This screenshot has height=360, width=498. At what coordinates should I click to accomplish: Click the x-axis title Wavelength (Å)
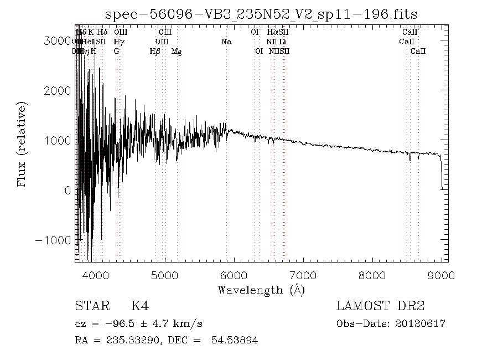[x=261, y=290]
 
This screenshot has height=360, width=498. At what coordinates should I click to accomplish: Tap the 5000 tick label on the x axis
[x=164, y=275]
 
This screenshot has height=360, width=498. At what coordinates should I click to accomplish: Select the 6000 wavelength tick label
[x=234, y=275]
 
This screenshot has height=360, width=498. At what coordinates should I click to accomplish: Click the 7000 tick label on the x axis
[x=303, y=275]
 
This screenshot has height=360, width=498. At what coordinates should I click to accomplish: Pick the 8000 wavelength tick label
[x=372, y=275]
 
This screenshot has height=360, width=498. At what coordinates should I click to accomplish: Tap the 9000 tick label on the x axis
[x=441, y=275]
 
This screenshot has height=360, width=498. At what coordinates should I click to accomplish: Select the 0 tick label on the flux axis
[x=67, y=191]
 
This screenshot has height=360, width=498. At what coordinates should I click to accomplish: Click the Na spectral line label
[x=226, y=42]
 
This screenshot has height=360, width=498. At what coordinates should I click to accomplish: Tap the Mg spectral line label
[x=177, y=51]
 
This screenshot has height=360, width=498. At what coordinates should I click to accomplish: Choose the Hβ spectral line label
[x=155, y=51]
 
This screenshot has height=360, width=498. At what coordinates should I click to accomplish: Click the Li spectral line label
[x=283, y=42]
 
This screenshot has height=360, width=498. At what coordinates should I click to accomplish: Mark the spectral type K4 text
[x=139, y=306]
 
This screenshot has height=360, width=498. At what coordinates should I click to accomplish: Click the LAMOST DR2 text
[x=380, y=306]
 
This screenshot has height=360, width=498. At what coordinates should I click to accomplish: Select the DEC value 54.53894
[x=235, y=340]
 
